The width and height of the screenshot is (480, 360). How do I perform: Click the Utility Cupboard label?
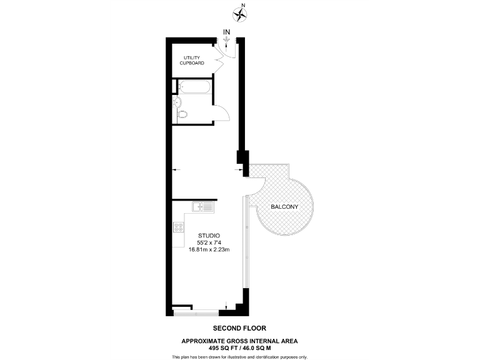click(x=192, y=61)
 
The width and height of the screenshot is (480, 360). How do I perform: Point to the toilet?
click(x=182, y=114)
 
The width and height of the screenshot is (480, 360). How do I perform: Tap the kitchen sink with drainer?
click(x=203, y=207)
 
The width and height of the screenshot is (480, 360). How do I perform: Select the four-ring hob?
click(x=177, y=228)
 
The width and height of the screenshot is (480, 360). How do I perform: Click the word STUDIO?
click(x=209, y=235)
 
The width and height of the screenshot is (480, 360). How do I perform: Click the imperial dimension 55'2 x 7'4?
click(x=209, y=242)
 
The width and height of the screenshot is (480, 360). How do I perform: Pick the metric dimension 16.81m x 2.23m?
click(x=209, y=250)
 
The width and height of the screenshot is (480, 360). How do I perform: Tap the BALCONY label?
click(x=284, y=207)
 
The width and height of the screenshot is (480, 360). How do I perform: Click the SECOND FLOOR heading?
click(x=239, y=328)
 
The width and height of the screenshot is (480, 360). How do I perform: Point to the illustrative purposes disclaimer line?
click(x=239, y=356)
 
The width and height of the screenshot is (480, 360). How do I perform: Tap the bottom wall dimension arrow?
click(x=226, y=306)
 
